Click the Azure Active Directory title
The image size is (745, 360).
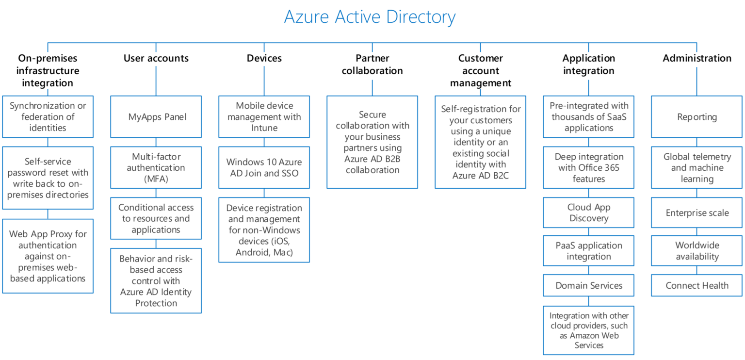(x=370, y=17)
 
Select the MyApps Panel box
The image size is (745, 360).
(x=156, y=117)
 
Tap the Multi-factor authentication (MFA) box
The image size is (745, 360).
(x=156, y=167)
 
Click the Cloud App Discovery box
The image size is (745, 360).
(x=588, y=213)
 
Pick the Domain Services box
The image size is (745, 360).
(x=588, y=285)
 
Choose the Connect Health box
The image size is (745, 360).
(x=696, y=285)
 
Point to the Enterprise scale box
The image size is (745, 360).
(x=696, y=213)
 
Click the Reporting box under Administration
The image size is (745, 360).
(x=696, y=117)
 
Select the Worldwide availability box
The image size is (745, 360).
(x=696, y=251)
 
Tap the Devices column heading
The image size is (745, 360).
(x=264, y=58)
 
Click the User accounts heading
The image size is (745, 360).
(x=156, y=58)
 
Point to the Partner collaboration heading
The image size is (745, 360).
(x=372, y=65)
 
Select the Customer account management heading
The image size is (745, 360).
(x=480, y=71)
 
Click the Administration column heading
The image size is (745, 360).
(x=696, y=58)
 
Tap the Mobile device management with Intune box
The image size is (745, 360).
(x=264, y=117)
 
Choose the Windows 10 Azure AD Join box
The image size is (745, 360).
(x=264, y=167)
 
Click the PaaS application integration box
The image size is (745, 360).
(x=588, y=251)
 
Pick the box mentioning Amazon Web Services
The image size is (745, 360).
(x=588, y=330)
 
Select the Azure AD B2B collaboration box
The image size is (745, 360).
(x=372, y=142)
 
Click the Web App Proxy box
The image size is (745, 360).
(x=48, y=256)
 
